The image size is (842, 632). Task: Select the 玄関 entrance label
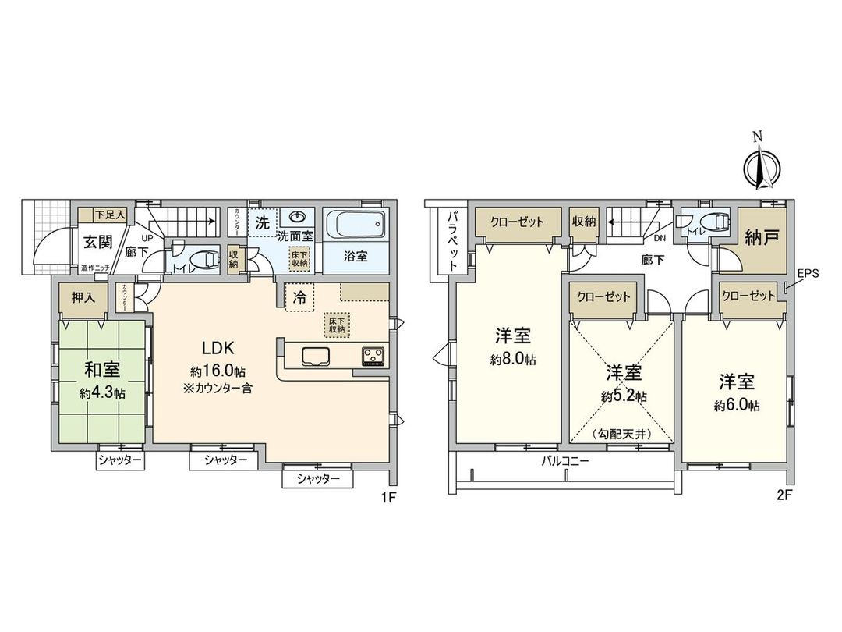point(99,241)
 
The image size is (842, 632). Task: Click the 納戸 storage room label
point(762,237)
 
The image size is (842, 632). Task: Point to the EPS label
point(808,275)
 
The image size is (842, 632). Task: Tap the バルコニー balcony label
point(565,460)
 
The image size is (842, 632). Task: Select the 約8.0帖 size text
point(512,360)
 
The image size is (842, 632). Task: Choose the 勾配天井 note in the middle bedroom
point(621,434)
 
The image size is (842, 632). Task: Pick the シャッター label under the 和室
point(120,460)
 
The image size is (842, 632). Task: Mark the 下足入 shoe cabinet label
point(108,214)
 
